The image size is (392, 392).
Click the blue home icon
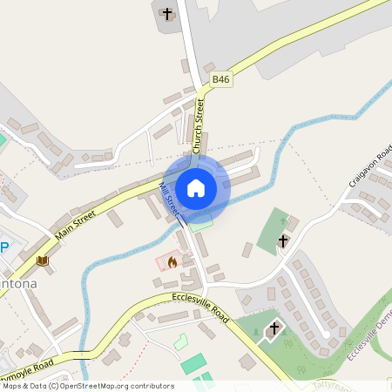pyautogui.click(x=196, y=187)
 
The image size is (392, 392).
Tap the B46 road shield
pyautogui.click(x=221, y=79)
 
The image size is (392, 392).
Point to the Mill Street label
pyautogui.click(x=171, y=199)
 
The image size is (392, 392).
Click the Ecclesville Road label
pyautogui.click(x=195, y=306)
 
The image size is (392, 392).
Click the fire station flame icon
pyautogui.click(x=172, y=260)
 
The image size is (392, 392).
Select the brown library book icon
pyautogui.click(x=42, y=260)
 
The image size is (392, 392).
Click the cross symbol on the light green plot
pyautogui.click(x=282, y=240)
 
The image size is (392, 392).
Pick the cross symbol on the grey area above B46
pyautogui.click(x=168, y=14)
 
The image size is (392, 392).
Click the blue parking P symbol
pyautogui.click(x=4, y=247)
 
